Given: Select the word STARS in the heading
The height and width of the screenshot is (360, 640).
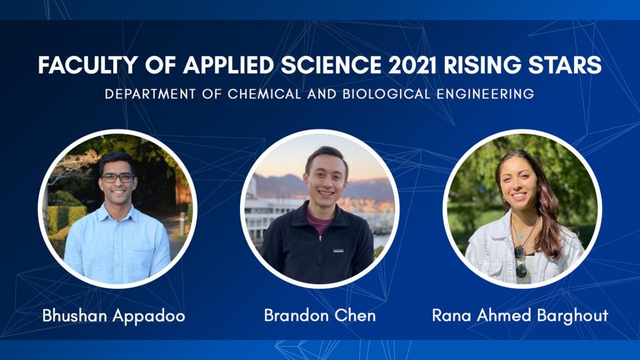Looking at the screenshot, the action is [565, 65].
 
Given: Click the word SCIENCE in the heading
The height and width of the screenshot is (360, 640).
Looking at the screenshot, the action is [331, 65].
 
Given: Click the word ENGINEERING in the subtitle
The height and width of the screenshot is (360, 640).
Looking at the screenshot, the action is [485, 94].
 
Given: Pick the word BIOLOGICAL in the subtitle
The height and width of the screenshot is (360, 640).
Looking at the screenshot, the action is [386, 94].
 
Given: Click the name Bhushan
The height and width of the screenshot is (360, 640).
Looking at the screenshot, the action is [75, 315].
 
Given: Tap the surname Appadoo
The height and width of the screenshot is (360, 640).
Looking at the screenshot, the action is [149, 317].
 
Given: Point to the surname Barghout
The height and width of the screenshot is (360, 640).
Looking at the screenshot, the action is [572, 316].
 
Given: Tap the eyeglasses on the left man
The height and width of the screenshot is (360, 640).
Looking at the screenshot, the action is [117, 177].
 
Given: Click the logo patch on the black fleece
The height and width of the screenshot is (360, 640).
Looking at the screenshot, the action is [339, 251].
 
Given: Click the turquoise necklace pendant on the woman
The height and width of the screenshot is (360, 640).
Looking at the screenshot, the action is [521, 236].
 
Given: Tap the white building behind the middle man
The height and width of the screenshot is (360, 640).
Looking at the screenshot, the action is [269, 216].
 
